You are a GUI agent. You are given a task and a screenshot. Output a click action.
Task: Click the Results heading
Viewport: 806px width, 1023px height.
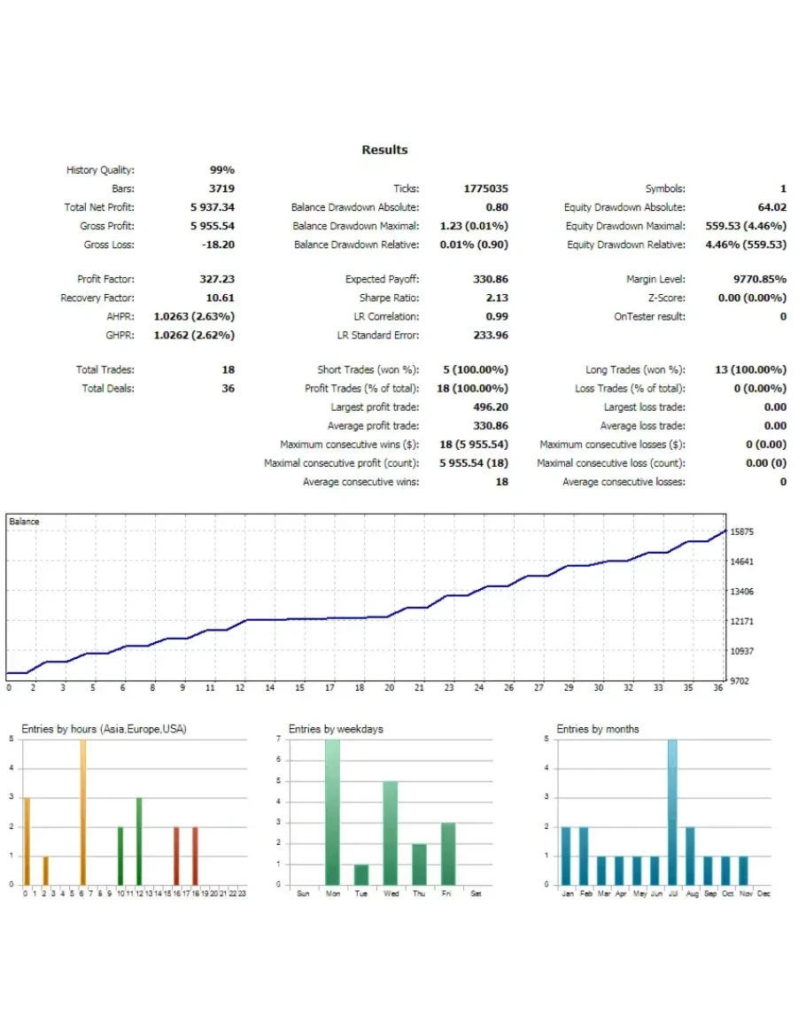tap(384, 150)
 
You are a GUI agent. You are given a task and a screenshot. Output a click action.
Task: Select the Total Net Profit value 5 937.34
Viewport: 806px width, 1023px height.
tap(212, 207)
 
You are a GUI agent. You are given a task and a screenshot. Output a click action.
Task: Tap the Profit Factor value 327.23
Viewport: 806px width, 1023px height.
tap(217, 279)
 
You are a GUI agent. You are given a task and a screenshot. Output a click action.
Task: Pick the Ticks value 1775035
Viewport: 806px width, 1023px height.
tap(485, 189)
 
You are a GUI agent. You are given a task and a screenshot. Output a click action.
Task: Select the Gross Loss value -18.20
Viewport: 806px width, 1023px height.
tap(217, 244)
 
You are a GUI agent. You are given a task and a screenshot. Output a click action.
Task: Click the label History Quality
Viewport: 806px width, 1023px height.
tap(100, 170)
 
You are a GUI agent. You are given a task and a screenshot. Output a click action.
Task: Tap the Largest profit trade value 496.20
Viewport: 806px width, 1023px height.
tap(491, 407)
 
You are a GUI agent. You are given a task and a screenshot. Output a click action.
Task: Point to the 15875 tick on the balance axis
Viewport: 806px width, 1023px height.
tap(742, 532)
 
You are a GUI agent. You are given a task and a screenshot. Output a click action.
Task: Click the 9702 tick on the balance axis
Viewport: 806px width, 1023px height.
tap(740, 681)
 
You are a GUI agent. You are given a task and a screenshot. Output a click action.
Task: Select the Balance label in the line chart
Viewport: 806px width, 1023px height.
tap(24, 522)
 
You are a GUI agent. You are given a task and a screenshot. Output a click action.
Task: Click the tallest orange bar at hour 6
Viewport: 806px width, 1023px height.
tap(82, 812)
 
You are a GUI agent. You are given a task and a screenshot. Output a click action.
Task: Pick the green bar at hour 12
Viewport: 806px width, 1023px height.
tap(139, 841)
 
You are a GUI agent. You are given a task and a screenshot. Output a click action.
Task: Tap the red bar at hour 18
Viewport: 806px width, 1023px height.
tap(195, 856)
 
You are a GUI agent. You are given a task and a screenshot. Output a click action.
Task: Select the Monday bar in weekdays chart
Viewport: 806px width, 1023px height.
tap(332, 812)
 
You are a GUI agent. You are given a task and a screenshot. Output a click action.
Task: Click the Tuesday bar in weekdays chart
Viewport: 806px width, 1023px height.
tap(361, 874)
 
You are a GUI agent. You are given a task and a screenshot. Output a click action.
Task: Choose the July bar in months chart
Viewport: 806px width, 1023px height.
tap(672, 812)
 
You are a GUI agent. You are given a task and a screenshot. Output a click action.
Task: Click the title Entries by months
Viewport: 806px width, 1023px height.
tap(597, 729)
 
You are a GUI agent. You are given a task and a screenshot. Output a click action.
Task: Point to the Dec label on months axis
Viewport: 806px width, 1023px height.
tap(764, 894)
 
